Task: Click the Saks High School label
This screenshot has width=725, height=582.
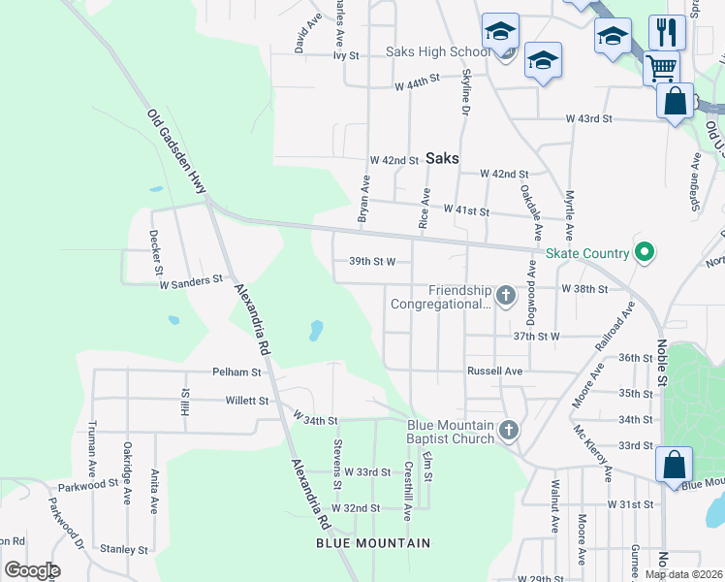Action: (438, 51)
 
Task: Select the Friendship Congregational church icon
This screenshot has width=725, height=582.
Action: (504, 295)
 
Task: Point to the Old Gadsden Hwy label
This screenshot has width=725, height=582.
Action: (176, 151)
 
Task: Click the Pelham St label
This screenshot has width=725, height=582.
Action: (236, 372)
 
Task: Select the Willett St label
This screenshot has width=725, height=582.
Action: (247, 400)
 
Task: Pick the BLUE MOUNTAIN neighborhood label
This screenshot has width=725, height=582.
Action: (373, 543)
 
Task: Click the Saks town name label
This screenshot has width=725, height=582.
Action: (441, 157)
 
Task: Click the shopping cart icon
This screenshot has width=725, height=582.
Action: (661, 68)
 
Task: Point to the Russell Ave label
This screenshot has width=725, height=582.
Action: (494, 371)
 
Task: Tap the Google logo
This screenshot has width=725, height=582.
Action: (31, 570)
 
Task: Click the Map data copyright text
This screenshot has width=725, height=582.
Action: (683, 574)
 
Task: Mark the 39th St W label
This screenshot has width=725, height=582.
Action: (372, 261)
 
